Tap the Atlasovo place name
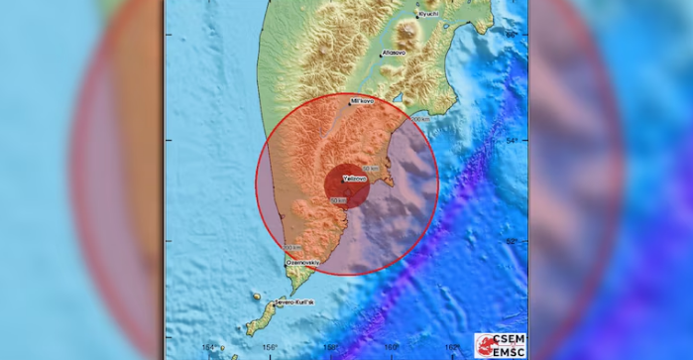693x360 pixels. (395, 52)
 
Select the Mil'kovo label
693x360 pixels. (363, 101)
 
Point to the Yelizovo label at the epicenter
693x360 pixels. (355, 179)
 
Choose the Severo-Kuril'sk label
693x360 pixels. (293, 301)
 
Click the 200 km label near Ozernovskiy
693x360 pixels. (292, 247)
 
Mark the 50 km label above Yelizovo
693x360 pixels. (372, 169)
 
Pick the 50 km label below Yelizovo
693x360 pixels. (338, 200)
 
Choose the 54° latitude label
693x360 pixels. (512, 140)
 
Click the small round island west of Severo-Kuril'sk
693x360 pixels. (256, 296)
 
